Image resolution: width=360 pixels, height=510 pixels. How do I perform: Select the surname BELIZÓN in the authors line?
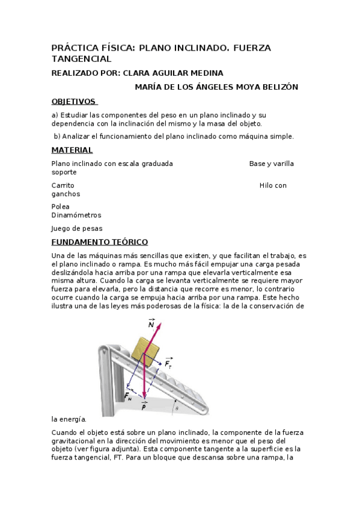pyautogui.click(x=276, y=87)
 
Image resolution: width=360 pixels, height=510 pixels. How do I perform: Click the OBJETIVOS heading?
pyautogui.click(x=74, y=101)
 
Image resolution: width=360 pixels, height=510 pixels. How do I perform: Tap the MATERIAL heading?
pyautogui.click(x=72, y=150)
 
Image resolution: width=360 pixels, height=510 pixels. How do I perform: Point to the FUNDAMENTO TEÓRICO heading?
pyautogui.click(x=100, y=242)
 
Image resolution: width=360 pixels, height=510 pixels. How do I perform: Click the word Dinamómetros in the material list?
pyautogui.click(x=76, y=215)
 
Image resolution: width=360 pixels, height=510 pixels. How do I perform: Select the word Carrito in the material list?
pyautogui.click(x=63, y=185)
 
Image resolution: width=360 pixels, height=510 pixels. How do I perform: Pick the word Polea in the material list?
pyautogui.click(x=61, y=206)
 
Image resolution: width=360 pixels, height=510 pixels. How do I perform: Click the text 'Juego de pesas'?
pyautogui.click(x=77, y=228)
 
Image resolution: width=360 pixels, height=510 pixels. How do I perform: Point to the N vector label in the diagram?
pyautogui.click(x=151, y=325)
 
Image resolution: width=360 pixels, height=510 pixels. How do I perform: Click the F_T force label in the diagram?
pyautogui.click(x=169, y=364)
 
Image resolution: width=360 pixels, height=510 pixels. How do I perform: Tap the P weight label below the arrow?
pyautogui.click(x=144, y=407)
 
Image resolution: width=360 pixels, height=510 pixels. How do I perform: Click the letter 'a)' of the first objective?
pyautogui.click(x=55, y=114)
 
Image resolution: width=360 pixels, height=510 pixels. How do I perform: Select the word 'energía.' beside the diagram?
pyautogui.click(x=69, y=419)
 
